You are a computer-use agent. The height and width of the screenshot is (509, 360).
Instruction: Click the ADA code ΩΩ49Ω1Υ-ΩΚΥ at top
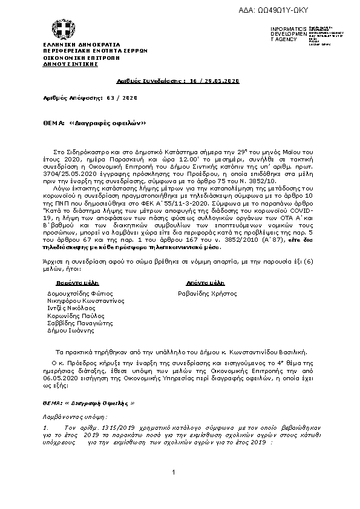(x=296, y=11)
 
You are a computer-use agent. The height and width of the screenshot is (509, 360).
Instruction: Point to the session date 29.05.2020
(x=221, y=80)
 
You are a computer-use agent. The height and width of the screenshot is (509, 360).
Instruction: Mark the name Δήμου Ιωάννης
(x=71, y=331)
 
